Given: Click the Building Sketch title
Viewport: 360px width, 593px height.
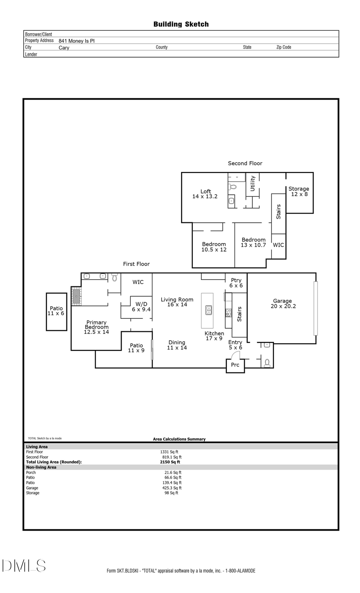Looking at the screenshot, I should (181, 24).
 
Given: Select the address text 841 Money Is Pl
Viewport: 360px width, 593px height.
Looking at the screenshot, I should (76, 41).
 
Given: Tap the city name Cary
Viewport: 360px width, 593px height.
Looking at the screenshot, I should (64, 48).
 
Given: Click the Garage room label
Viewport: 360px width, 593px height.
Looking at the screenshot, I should (283, 303).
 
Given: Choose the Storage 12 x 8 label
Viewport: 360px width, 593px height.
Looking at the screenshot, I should (299, 192).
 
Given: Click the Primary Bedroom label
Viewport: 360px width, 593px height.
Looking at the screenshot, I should (96, 327).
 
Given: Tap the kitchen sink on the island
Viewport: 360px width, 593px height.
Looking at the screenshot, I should (209, 310).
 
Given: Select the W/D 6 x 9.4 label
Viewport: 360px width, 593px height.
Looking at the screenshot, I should (141, 307).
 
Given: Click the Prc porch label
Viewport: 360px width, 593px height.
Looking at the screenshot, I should (235, 365).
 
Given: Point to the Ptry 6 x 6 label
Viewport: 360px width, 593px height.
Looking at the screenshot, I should (236, 283).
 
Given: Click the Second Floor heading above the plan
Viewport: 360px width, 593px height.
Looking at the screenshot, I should (245, 163).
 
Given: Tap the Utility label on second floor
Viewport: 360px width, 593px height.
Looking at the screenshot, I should (252, 184).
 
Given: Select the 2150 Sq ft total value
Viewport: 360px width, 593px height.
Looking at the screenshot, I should (170, 462).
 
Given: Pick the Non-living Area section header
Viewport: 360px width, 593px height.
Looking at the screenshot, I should (41, 467).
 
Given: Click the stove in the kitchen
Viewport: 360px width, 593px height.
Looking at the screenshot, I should (228, 313).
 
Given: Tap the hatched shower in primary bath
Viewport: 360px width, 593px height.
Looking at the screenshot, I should (76, 297).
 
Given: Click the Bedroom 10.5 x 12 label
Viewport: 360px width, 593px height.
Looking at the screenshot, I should (214, 247).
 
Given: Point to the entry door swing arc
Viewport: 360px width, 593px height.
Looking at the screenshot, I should (235, 355).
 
